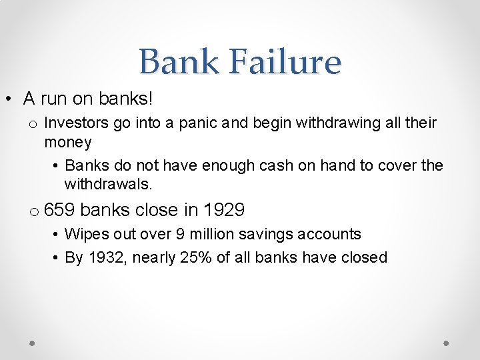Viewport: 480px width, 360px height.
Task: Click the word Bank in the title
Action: pos(178,61)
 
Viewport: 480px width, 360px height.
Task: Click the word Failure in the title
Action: pos(286,61)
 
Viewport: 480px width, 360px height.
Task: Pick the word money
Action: pos(67,142)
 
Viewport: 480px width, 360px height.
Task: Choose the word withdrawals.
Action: pos(106,184)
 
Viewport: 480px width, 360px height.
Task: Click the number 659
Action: pos(59,210)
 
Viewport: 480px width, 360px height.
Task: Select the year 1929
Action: pos(224,210)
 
